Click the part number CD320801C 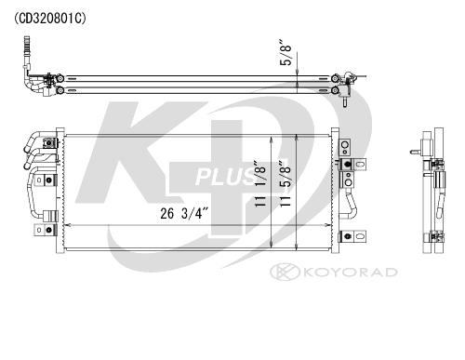[x=49, y=19]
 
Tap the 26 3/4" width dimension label [x=184, y=214]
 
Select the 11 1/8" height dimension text [x=260, y=183]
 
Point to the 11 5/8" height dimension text [x=285, y=183]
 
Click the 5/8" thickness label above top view [x=286, y=52]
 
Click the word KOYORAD [x=351, y=273]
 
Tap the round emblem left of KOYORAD [x=285, y=272]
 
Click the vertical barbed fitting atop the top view [x=26, y=51]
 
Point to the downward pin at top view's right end [x=345, y=102]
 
